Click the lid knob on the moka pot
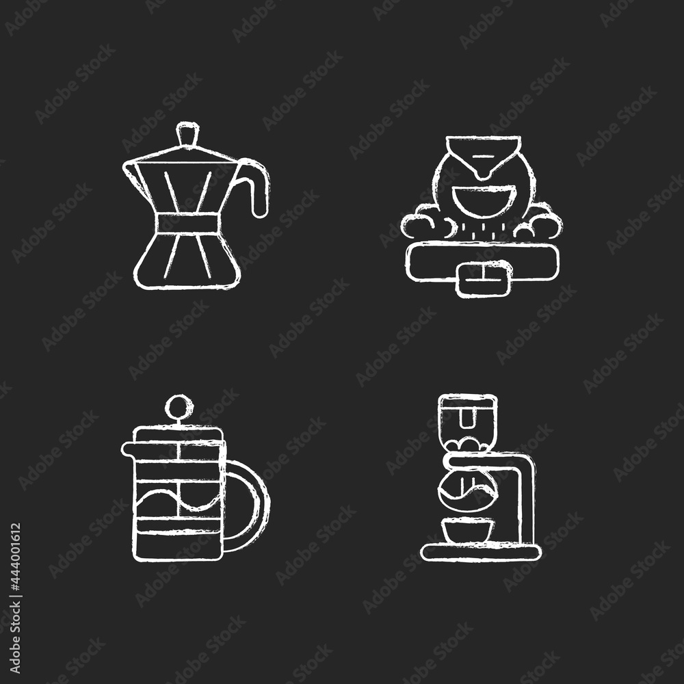tap(189, 133)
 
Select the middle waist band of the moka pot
tap(189, 224)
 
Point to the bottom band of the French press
tap(177, 544)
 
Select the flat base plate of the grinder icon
tap(481, 551)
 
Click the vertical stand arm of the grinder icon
tap(527, 501)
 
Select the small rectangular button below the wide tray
tap(484, 279)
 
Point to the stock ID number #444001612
tap(15, 598)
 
